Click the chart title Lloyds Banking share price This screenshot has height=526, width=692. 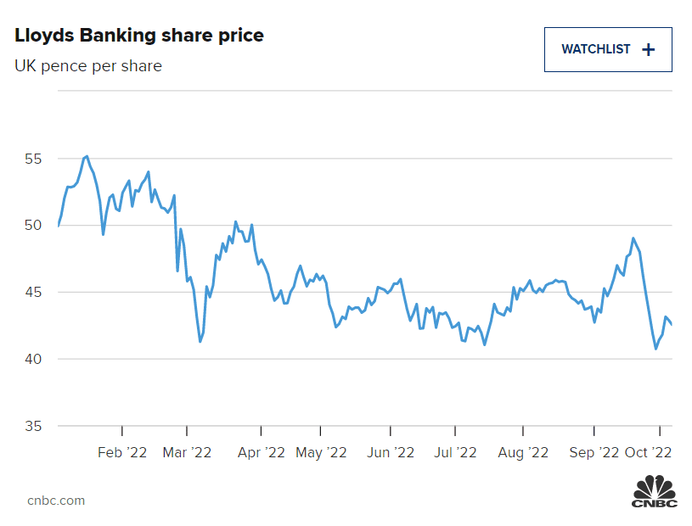point(139,36)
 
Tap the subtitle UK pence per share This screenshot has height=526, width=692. point(88,65)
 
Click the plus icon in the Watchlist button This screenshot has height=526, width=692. point(649,49)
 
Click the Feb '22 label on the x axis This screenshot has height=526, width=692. point(122,453)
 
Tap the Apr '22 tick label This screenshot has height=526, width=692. point(261,453)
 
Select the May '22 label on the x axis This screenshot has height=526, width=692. point(321,453)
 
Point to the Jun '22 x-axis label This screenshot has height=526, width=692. point(390,453)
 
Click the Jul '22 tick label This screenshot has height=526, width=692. point(455,453)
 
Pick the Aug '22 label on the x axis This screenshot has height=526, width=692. point(523,453)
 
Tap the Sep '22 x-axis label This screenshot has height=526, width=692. point(594,453)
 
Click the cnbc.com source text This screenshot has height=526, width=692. point(56,501)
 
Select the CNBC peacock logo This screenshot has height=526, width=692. point(654,493)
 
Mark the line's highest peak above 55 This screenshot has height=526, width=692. point(87,156)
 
